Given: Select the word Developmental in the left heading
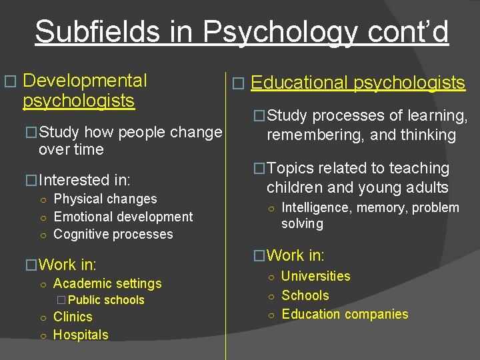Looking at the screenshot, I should coord(85,81).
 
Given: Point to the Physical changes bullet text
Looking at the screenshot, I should coord(105,199).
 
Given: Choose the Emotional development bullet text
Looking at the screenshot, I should coord(123,217).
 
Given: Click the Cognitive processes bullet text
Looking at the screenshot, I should coord(113,234).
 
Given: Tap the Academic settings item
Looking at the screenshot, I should coord(107,283).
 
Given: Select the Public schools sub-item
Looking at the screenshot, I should coord(105,300).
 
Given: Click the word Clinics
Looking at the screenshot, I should coord(73,317).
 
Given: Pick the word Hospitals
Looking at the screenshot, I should coord(81,335).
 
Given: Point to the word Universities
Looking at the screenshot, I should coord(316,276).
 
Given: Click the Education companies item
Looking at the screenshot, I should coord(345,314).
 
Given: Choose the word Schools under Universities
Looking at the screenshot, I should coord(305,295).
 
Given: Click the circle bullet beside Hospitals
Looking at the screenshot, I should coord(42,335).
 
